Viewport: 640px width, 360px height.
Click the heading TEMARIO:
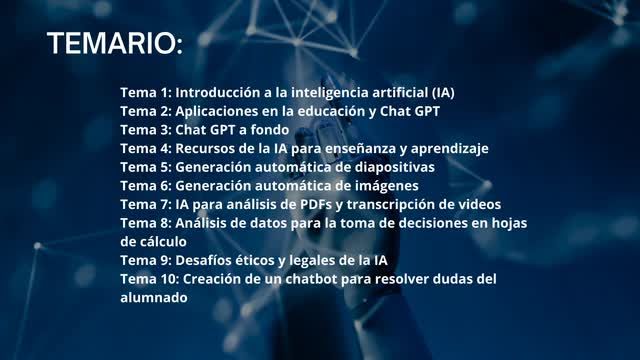pyautogui.click(x=114, y=44)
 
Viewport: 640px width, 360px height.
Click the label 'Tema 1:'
pyautogui.click(x=145, y=92)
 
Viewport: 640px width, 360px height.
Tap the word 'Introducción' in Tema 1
pyautogui.click(x=217, y=92)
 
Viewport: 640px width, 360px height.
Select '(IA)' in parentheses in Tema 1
pyautogui.click(x=439, y=92)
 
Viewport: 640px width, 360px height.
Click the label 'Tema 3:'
pyautogui.click(x=145, y=130)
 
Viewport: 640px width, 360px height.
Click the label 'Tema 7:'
pyautogui.click(x=145, y=204)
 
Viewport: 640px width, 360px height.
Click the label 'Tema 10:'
pyautogui.click(x=149, y=279)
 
